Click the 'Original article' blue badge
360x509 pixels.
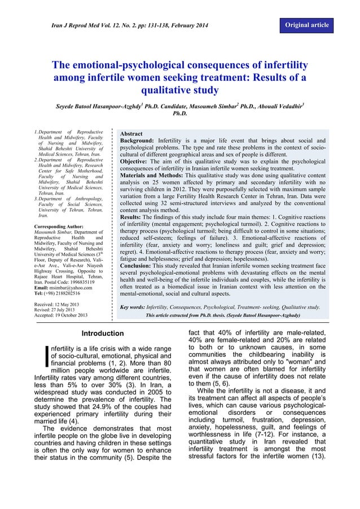(x=307, y=26)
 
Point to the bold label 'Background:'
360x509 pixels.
(x=137, y=141)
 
